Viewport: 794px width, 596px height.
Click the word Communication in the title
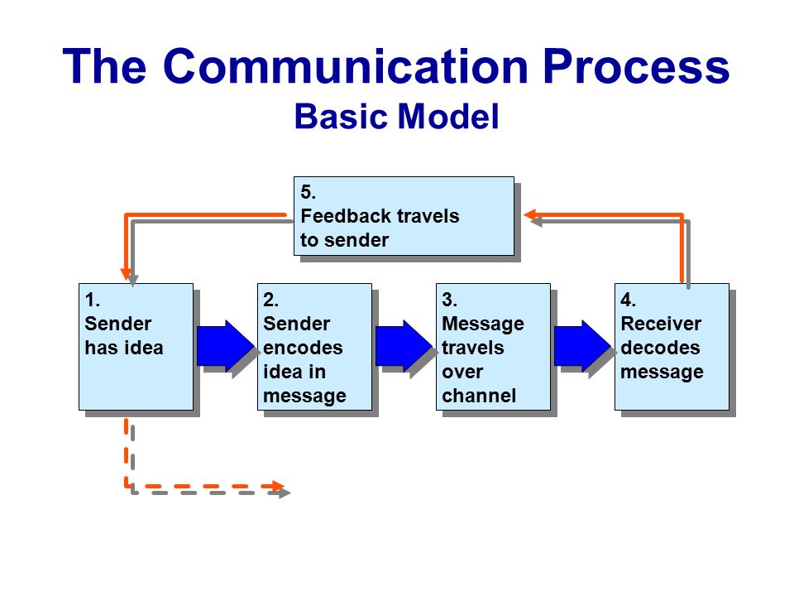tap(346, 66)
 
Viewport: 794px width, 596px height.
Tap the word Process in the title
tap(636, 66)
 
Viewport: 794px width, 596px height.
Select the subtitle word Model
tap(448, 117)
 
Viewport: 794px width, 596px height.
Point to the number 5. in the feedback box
tap(308, 192)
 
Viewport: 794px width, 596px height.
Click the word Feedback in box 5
tap(346, 216)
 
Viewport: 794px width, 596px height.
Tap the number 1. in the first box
tap(92, 300)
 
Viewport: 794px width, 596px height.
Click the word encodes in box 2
tap(303, 348)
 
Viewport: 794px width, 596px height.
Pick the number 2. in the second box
tap(271, 300)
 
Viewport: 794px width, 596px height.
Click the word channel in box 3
tap(479, 396)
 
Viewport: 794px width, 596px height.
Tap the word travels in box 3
tap(473, 348)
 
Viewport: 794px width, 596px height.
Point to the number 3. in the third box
tap(450, 300)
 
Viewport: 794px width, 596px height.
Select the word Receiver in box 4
tap(661, 324)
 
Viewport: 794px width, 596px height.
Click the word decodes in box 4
tap(660, 348)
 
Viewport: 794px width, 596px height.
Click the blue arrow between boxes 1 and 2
tap(226, 346)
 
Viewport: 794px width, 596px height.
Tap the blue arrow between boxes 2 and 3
tap(404, 346)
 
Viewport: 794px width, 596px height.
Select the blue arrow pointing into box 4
tap(583, 346)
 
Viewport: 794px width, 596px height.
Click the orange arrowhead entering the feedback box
tap(529, 215)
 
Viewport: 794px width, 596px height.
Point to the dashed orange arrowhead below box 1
tap(278, 487)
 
